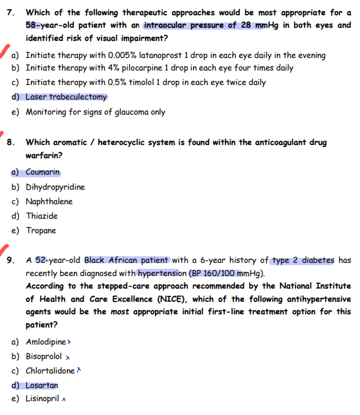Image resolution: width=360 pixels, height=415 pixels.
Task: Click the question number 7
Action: point(10,13)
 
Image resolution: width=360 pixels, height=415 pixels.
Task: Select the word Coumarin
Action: point(43,173)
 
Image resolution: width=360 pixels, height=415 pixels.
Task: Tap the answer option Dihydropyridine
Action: point(55,187)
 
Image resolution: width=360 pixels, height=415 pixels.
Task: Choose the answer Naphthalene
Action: point(49,202)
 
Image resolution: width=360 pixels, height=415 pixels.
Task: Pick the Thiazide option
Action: point(42,216)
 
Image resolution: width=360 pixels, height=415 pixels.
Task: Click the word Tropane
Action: point(41,231)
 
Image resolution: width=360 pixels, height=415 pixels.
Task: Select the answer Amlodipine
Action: point(45,343)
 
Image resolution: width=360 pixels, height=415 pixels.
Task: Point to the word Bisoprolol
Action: point(43,356)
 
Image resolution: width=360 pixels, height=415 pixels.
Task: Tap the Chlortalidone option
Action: point(49,371)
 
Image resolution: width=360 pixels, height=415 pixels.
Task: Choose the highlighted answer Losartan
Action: point(42,385)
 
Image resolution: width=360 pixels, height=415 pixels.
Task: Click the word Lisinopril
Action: point(43,399)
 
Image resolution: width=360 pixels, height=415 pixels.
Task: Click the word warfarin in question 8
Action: point(42,156)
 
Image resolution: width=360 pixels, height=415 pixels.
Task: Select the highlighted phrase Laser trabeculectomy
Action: point(66,97)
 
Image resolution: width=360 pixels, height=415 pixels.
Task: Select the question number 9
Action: point(10,260)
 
